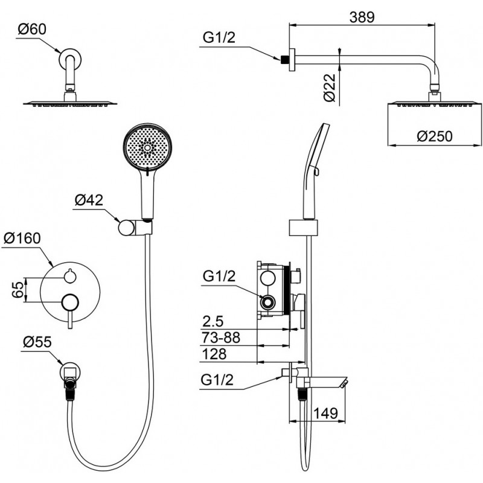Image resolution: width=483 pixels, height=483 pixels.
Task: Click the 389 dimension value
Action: tap(362, 17)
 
